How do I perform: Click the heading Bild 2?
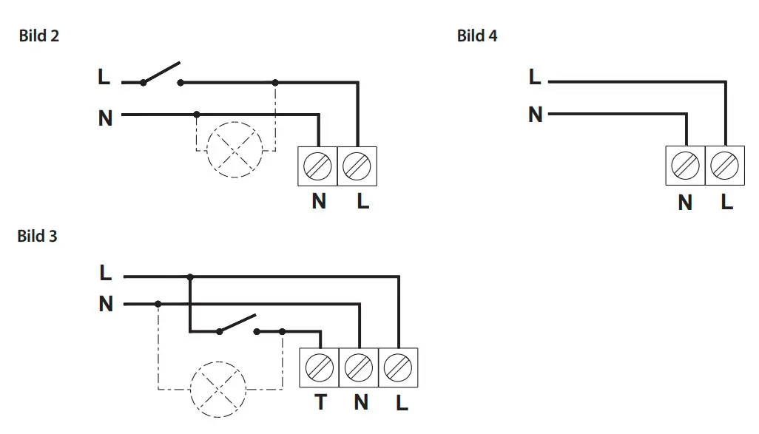tap(38, 35)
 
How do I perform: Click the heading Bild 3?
tap(37, 236)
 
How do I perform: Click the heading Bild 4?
tap(477, 35)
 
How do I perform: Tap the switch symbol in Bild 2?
tap(162, 74)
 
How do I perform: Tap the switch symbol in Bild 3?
tap(237, 325)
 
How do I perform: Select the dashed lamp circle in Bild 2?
tap(235, 122)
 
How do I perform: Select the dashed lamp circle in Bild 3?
tap(218, 362)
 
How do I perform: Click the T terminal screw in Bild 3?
tap(320, 367)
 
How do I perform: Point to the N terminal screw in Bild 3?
tap(359, 367)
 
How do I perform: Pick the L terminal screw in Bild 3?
tap(398, 367)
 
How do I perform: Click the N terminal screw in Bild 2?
tap(317, 166)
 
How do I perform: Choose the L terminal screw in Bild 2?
tap(357, 166)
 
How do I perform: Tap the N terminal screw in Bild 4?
tap(686, 166)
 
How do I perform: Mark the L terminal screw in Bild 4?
tap(725, 166)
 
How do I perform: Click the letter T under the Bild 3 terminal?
tap(321, 402)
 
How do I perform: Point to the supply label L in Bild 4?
tap(534, 76)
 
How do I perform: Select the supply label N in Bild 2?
tap(105, 118)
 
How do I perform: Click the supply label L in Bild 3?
tap(105, 272)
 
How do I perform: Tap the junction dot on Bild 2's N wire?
tap(197, 115)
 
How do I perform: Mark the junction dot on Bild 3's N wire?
tap(158, 304)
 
